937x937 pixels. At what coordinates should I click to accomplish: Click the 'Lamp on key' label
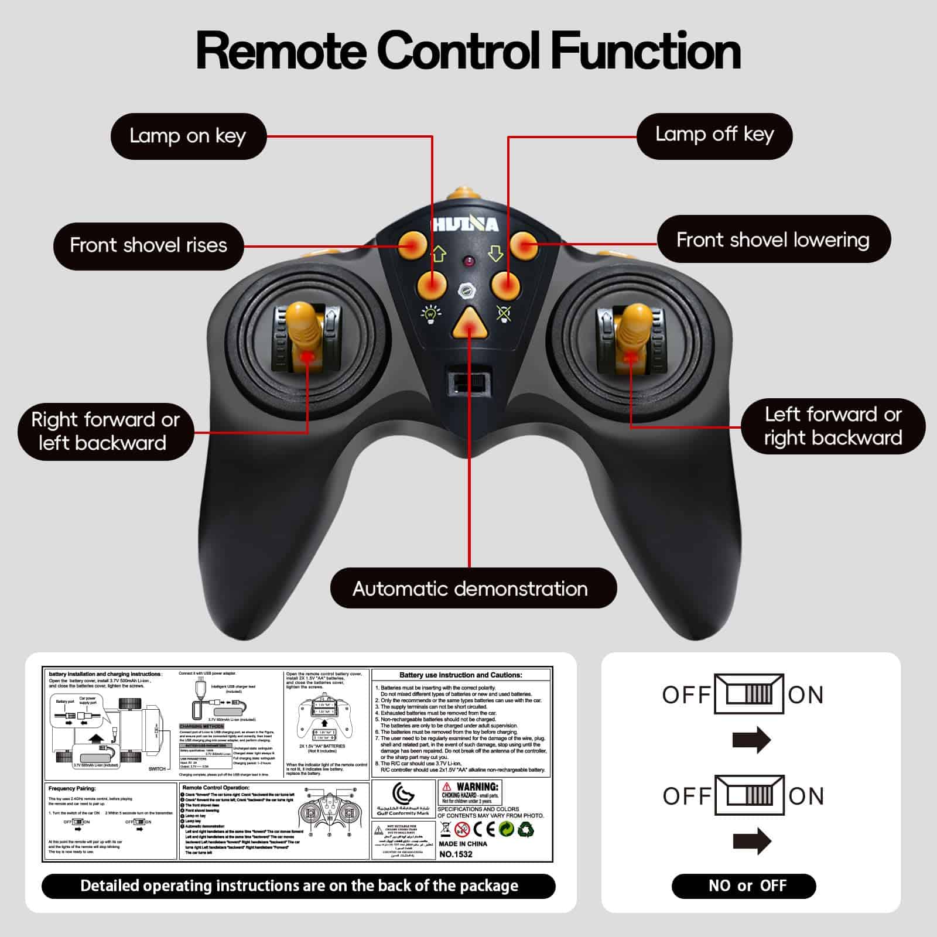188,136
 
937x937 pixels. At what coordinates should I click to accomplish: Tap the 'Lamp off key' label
714,135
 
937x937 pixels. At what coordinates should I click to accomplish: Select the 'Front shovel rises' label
148,245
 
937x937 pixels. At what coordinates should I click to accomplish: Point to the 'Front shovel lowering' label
773,240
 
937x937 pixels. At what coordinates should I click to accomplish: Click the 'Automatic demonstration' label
470,589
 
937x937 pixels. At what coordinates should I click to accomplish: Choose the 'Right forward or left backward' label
105,431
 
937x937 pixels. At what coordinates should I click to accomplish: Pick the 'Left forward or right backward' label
832,426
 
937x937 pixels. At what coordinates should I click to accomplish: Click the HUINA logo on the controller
466,224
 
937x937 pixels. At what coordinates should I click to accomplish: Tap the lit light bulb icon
432,313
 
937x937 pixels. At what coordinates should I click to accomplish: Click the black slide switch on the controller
470,384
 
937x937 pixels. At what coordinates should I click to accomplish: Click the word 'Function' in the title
646,52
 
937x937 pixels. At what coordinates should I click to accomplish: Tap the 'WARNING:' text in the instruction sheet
477,786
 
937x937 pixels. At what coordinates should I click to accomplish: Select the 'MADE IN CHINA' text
463,843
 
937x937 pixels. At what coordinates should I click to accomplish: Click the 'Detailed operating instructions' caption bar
299,885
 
